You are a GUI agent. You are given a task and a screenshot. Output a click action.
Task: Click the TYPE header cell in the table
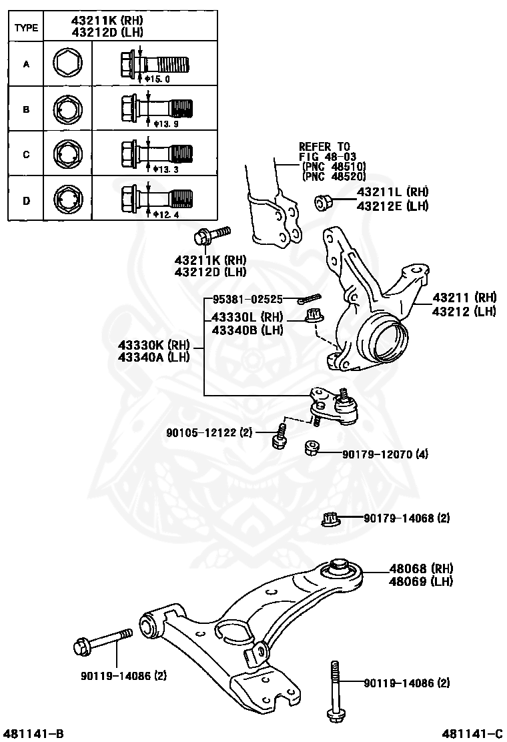(26, 28)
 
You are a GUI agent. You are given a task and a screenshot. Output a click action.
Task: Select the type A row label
(26, 65)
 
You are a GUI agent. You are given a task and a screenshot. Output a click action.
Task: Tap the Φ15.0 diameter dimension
(158, 79)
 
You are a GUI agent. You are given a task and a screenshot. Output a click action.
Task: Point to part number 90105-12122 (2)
(209, 433)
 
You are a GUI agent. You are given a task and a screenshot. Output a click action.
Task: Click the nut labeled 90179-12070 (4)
(312, 448)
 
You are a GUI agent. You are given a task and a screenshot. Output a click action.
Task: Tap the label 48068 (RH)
(422, 569)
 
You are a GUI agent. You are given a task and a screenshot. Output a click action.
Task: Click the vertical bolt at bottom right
(334, 691)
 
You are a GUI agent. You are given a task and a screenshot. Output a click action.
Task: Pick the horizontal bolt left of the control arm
(100, 644)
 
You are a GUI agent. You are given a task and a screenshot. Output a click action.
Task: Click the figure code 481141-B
(33, 733)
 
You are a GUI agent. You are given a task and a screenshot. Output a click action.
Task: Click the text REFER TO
(324, 146)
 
